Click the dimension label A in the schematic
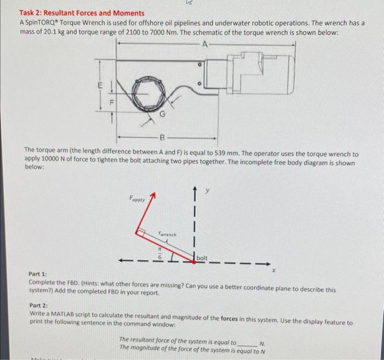click(x=205, y=44)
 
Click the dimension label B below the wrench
click(x=162, y=138)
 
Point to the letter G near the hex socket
click(x=162, y=115)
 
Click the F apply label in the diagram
click(x=137, y=200)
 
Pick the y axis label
click(x=207, y=192)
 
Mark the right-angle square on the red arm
click(x=143, y=234)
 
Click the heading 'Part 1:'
click(x=37, y=273)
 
